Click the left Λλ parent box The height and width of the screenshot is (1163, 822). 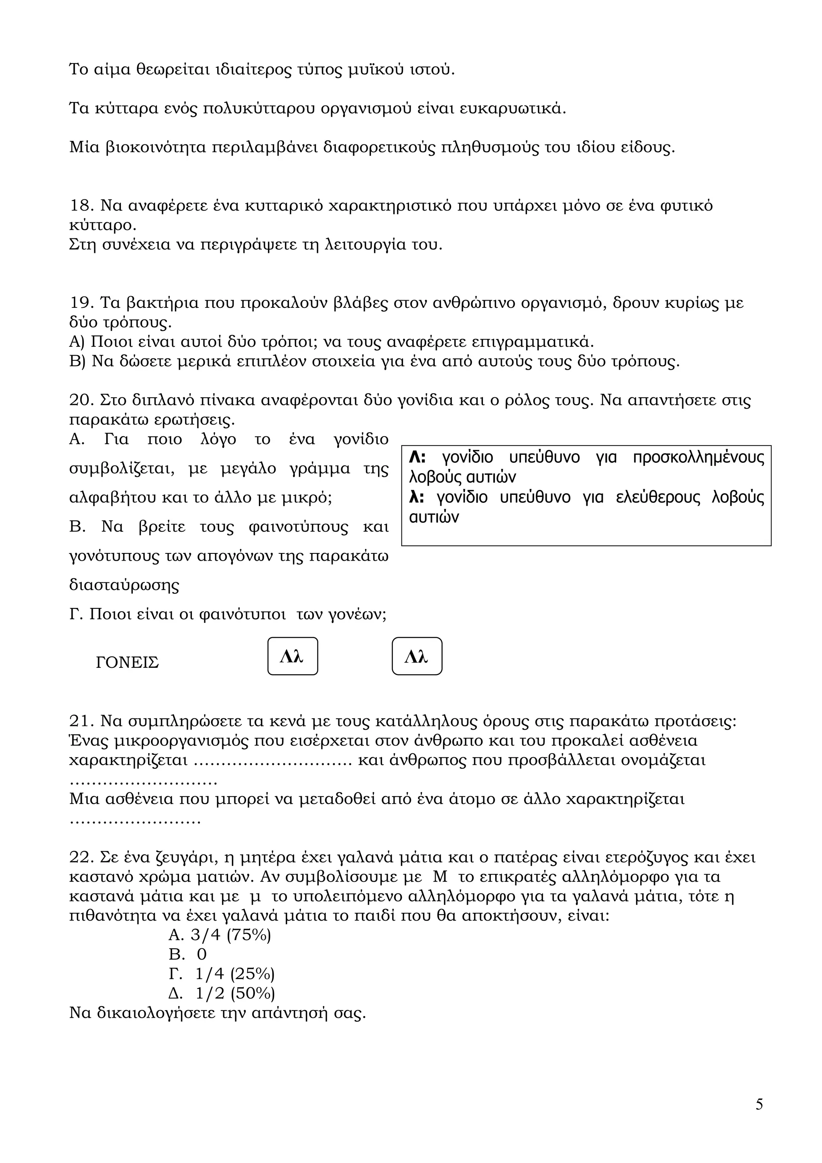click(x=292, y=657)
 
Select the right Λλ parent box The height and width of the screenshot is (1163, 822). click(x=417, y=657)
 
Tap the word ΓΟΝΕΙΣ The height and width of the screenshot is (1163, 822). click(x=127, y=663)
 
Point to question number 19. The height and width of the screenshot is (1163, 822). click(x=81, y=303)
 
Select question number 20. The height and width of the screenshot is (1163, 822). click(x=81, y=400)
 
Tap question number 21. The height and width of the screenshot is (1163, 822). click(x=81, y=721)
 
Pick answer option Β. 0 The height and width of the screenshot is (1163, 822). click(x=188, y=955)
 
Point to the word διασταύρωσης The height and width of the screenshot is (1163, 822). click(x=124, y=585)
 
